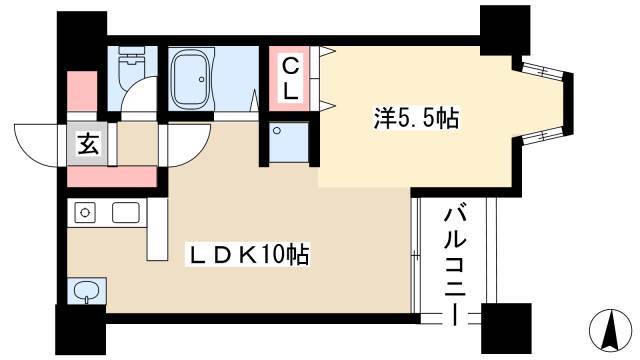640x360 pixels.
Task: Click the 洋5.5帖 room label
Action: (416, 118)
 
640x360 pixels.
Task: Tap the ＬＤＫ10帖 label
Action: (247, 255)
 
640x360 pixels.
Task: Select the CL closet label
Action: (290, 79)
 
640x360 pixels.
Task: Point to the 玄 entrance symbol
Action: (89, 144)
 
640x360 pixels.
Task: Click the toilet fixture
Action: (131, 67)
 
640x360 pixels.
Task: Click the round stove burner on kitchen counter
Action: (85, 213)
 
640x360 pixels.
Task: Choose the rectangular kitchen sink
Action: (126, 213)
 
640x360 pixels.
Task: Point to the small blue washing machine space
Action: (289, 142)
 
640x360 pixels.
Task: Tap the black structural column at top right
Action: (504, 30)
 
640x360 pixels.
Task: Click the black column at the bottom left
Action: (81, 330)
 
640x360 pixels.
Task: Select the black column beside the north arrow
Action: (506, 329)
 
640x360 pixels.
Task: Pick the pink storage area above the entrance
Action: (82, 91)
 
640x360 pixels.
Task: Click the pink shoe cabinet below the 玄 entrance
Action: (112, 177)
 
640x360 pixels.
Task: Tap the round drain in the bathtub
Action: (201, 80)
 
